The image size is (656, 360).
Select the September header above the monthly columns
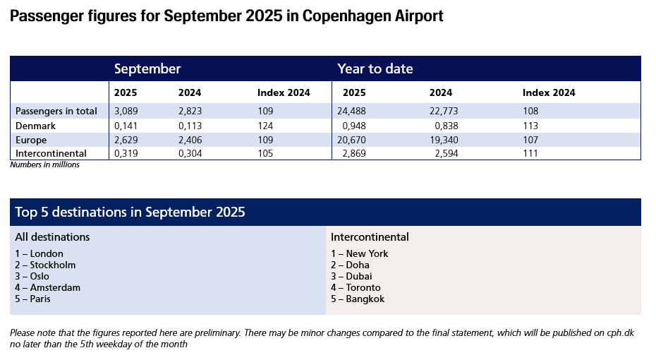click(147, 68)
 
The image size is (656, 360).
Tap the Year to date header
click(375, 68)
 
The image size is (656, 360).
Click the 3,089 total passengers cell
click(126, 111)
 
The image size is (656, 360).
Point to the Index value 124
click(266, 125)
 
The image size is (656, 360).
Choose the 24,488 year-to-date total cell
click(356, 111)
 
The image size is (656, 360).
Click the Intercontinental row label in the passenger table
click(51, 153)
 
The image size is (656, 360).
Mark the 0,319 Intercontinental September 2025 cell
click(126, 153)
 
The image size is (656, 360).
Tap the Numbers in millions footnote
click(44, 164)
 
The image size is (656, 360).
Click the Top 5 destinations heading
click(130, 212)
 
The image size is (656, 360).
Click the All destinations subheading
click(52, 237)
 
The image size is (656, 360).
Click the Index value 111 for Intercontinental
click(530, 153)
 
